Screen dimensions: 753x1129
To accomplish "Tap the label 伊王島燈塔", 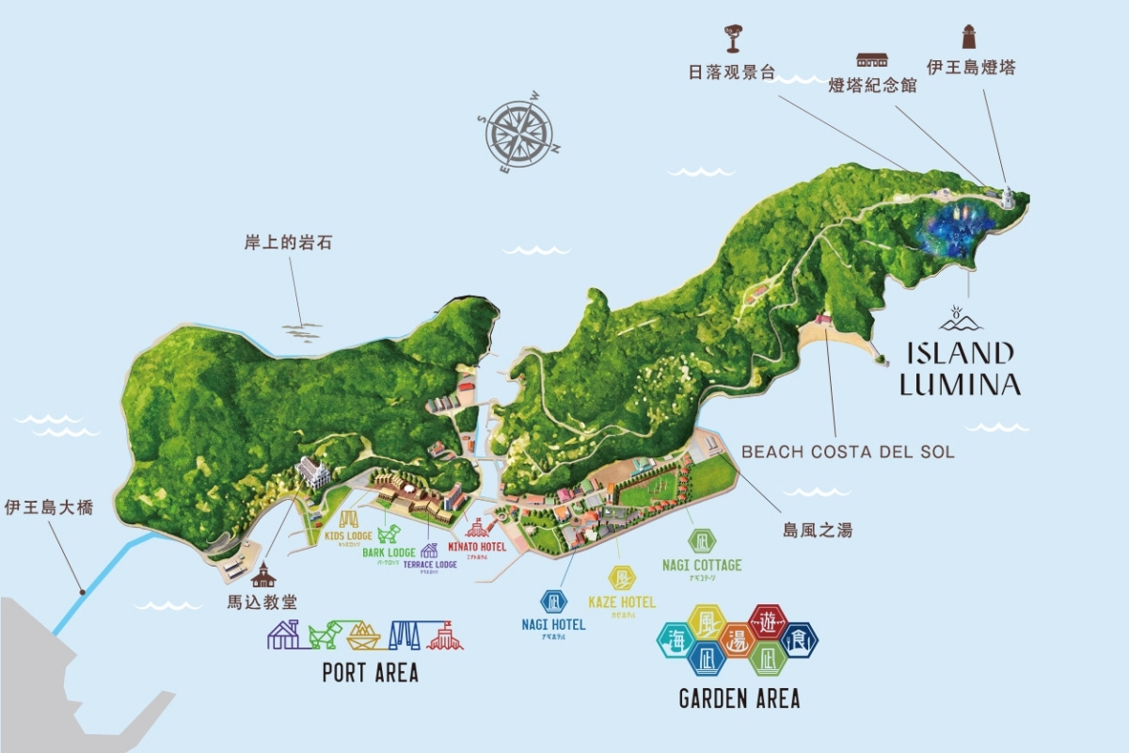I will (x=970, y=68).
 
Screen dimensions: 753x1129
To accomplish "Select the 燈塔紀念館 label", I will (x=872, y=86).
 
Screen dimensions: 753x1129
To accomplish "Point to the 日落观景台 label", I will (x=734, y=72).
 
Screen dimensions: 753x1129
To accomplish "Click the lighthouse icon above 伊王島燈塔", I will (x=968, y=37).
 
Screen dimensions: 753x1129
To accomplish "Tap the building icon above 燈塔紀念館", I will (x=872, y=59).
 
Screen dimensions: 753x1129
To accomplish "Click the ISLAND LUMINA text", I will (x=960, y=368).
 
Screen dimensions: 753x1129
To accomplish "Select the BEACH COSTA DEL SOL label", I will (x=848, y=452).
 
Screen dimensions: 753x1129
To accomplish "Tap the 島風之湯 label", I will (x=818, y=530).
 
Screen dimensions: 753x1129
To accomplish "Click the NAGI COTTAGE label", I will (x=701, y=566).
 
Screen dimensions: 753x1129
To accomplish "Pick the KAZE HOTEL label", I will (x=622, y=602).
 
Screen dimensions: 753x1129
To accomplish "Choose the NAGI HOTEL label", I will (x=553, y=624).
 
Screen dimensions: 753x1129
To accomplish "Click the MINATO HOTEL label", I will (x=476, y=547).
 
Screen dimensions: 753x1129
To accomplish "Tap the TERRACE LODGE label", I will (x=430, y=565).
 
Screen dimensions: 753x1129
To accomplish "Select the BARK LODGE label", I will (x=389, y=553).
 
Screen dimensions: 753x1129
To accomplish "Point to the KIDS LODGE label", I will (x=348, y=537).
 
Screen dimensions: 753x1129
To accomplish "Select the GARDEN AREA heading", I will (x=739, y=698).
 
